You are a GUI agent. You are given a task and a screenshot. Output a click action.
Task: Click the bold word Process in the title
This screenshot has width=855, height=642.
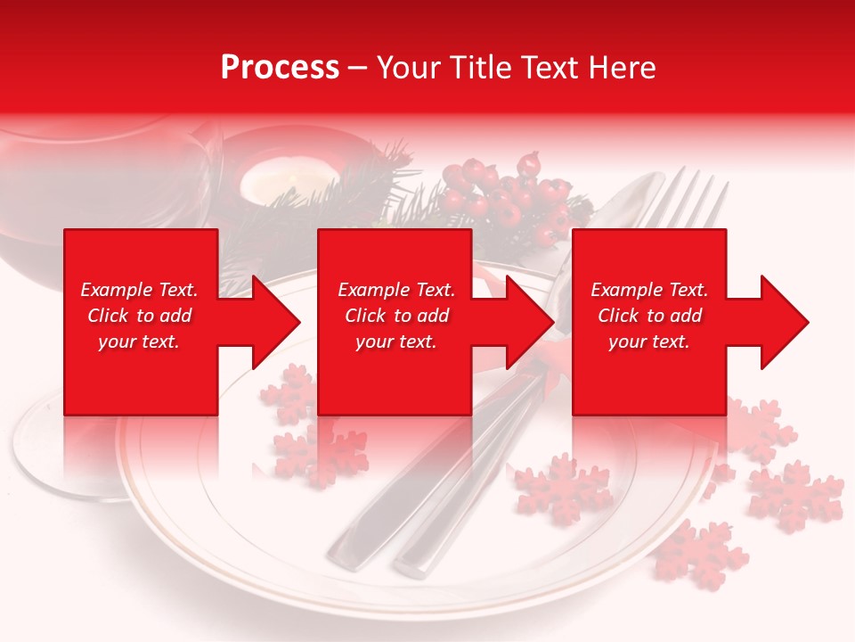(x=280, y=68)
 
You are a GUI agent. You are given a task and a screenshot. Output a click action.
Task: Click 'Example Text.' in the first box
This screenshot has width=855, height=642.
(x=140, y=290)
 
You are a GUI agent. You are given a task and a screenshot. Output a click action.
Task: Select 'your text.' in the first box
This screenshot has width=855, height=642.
(x=140, y=342)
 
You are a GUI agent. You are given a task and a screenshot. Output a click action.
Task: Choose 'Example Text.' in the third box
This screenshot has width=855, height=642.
(x=649, y=290)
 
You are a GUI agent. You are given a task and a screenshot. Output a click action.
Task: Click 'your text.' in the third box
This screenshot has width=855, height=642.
(x=649, y=342)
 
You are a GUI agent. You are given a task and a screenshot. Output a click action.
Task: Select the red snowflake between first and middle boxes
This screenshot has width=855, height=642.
(x=288, y=392)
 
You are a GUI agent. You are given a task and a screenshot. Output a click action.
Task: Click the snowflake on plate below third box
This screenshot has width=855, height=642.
(x=563, y=489)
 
